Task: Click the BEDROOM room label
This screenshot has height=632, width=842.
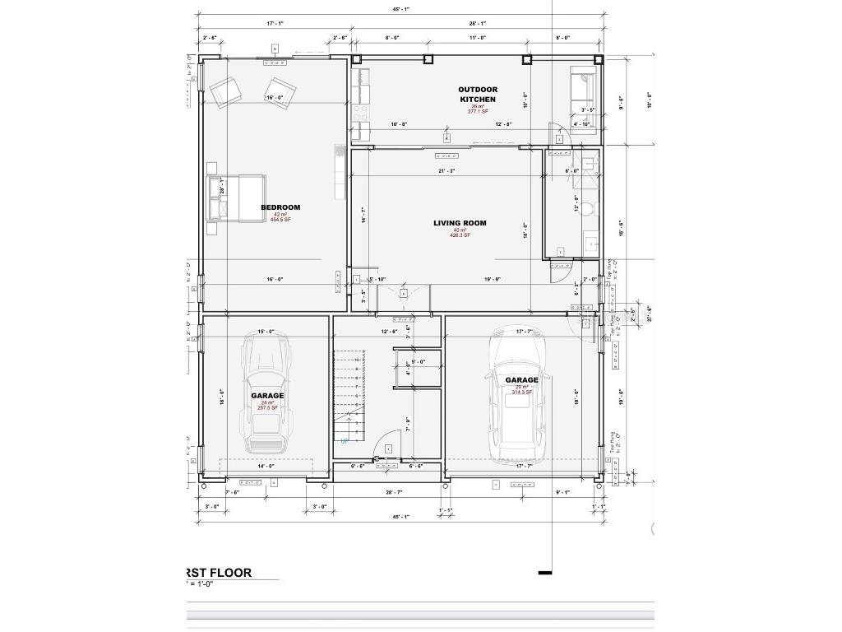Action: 280,207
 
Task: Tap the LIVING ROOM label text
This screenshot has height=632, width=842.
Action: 460,223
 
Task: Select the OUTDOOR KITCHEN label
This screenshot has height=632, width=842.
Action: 478,94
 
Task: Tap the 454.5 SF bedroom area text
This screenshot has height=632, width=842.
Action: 280,220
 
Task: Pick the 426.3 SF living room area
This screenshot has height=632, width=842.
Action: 460,235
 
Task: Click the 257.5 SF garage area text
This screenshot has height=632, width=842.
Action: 268,407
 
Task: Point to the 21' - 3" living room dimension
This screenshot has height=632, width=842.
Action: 446,170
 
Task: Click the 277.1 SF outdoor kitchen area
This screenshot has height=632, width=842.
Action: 478,112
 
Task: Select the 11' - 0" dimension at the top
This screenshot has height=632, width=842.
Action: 478,38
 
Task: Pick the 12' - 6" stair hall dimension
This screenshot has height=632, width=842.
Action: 389,332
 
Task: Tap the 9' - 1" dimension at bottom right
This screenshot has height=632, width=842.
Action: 563,492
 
